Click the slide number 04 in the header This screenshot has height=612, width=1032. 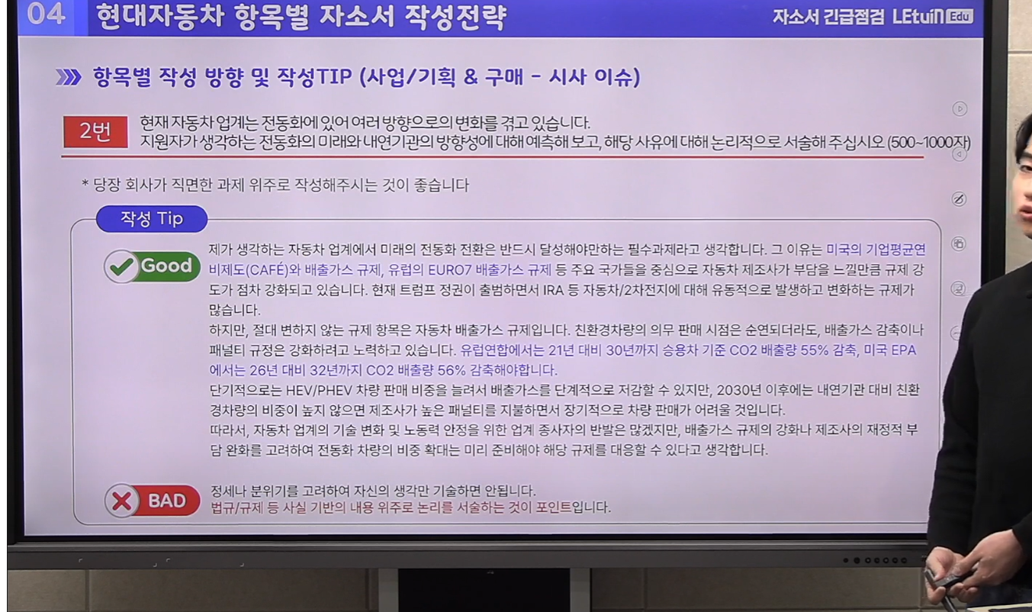(46, 14)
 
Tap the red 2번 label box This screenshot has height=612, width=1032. (96, 132)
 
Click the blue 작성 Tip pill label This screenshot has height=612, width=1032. (152, 218)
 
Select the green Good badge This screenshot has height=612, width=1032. (152, 266)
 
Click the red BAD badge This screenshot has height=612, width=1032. (152, 501)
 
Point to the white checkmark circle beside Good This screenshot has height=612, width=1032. (121, 266)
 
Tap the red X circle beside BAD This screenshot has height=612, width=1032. (121, 501)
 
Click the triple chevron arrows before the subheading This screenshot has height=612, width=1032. (68, 77)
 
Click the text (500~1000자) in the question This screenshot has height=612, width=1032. (929, 143)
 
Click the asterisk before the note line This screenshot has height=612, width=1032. (85, 184)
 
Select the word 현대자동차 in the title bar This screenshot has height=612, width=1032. (160, 17)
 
